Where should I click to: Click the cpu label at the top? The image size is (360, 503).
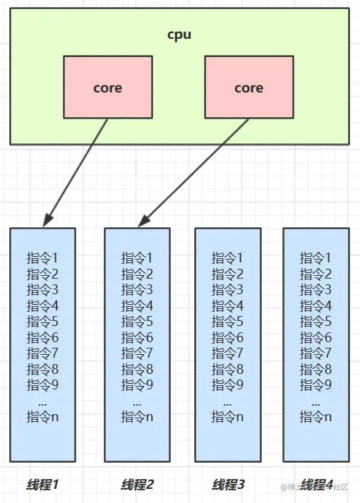point(179,35)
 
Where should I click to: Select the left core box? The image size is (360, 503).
point(107,87)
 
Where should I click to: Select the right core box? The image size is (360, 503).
point(248,87)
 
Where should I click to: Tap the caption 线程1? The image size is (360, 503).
point(43,485)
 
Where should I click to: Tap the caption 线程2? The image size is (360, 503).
point(137,485)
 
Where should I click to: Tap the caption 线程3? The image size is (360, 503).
point(228,485)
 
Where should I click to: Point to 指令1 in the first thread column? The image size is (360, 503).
point(42,258)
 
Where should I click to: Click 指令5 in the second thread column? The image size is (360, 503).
point(137,321)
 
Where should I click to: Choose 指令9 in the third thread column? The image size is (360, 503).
point(228,384)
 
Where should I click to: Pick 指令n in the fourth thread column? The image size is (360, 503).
point(316,416)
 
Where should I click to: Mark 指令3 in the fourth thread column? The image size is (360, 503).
point(316,290)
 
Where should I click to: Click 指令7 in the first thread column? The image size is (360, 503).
point(42,353)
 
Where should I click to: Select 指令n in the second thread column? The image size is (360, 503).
point(137,416)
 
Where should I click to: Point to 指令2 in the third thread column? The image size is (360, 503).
point(228,274)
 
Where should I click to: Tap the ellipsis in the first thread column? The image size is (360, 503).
point(42,401)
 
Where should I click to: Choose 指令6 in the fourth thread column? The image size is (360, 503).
point(316,337)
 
